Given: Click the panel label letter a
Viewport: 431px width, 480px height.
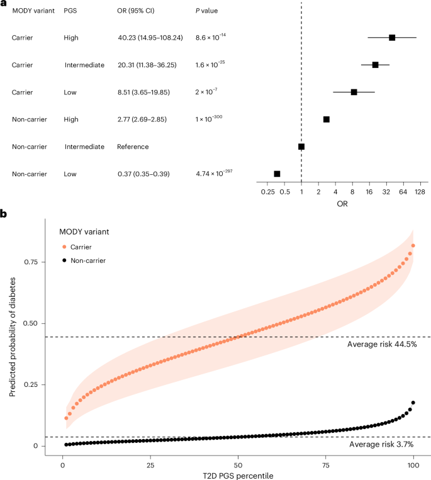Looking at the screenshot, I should coord(4,4).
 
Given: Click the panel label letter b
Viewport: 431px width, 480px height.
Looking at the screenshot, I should coord(4,214).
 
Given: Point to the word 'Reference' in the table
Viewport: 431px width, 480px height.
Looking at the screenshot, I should coord(133,147).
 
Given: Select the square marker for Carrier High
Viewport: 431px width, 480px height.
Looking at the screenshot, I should coord(392,38).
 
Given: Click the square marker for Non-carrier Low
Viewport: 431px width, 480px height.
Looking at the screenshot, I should coord(277,174).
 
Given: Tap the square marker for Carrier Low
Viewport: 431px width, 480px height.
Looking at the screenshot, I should coord(354,92).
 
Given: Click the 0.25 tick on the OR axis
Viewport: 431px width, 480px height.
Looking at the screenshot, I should coord(267,192).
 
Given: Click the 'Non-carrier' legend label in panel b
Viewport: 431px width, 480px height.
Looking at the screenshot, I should coord(88,260).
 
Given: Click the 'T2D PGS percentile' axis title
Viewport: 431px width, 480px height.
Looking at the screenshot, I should coord(238,474).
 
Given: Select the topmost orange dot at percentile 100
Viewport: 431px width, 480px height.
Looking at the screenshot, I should coord(413,245).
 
